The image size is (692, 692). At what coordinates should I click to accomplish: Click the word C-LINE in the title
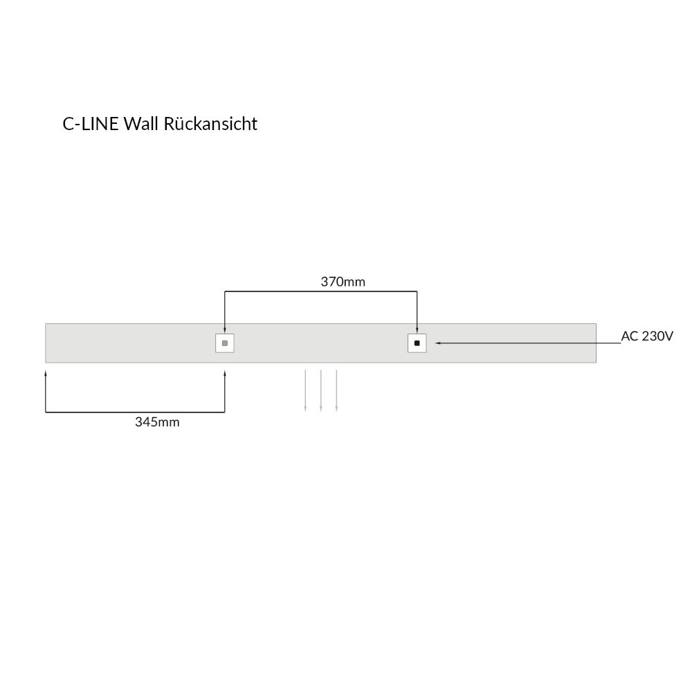[91, 124]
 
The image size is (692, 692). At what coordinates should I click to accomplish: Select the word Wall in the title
[140, 124]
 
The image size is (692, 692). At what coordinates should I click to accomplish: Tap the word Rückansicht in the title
[210, 124]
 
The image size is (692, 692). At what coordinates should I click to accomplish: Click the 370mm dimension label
[343, 282]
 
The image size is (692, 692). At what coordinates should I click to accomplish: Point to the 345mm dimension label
[157, 422]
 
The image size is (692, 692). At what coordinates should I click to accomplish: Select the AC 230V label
[647, 336]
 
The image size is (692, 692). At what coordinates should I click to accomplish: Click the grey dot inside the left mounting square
[225, 343]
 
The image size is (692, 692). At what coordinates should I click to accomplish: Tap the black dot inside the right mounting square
[417, 343]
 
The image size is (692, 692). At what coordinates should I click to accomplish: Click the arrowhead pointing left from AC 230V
[438, 343]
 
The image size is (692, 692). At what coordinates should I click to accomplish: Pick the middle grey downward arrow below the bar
[321, 390]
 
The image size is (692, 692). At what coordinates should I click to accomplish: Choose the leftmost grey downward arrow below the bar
[305, 390]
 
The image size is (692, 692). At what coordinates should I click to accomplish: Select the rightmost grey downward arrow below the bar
[337, 390]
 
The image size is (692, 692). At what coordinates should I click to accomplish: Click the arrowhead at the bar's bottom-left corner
[46, 374]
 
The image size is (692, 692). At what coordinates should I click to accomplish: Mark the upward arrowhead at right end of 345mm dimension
[225, 374]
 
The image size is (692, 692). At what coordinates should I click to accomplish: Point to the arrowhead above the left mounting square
[225, 329]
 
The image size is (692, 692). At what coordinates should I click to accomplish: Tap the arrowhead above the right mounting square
[417, 329]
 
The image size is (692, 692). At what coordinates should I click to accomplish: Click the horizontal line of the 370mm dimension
[321, 291]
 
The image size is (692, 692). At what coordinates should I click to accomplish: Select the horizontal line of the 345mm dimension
[135, 412]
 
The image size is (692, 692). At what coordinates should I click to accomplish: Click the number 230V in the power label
[657, 336]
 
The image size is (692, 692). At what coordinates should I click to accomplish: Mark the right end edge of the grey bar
[597, 343]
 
